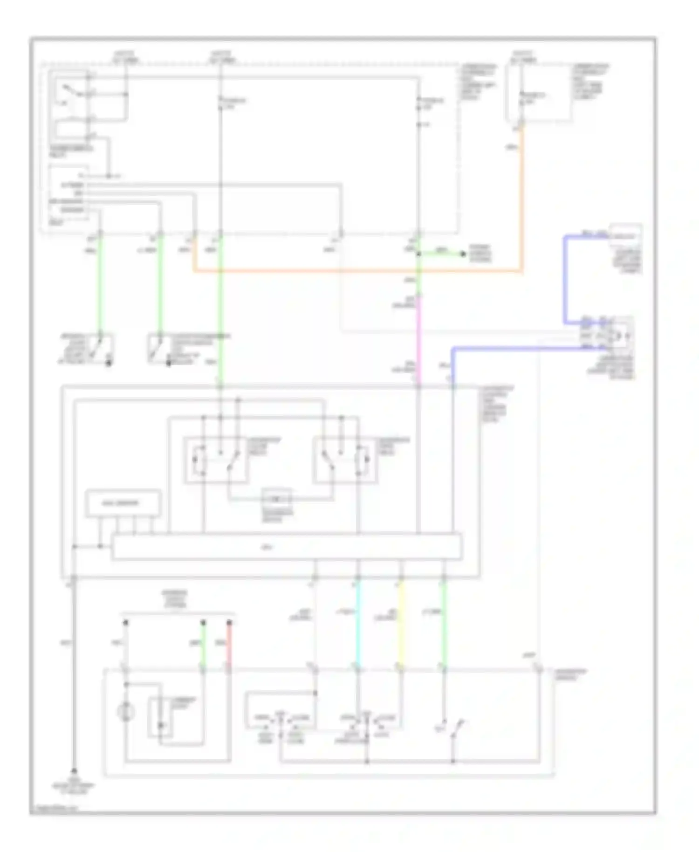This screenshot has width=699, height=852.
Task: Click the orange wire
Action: click(354, 270)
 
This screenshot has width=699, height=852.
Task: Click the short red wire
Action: click(229, 646)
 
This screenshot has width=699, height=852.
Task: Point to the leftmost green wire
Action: click(99, 284)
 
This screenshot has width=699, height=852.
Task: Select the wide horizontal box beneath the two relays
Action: click(287, 546)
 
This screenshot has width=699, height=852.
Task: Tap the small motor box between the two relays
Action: click(277, 499)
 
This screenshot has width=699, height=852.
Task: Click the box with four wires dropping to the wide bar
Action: click(123, 503)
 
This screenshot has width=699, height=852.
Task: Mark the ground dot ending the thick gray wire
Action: click(74, 771)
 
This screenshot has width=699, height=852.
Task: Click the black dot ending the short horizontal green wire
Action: click(463, 254)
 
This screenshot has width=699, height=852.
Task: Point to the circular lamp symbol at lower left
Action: click(126, 712)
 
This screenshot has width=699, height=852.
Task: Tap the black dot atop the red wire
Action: click(229, 622)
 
